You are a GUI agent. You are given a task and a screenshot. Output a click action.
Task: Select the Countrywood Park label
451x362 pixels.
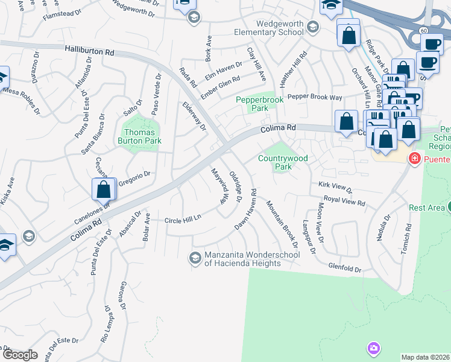pyautogui.click(x=283, y=162)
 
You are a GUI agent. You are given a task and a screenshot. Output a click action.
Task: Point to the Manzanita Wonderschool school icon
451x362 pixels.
pyautogui.click(x=195, y=258)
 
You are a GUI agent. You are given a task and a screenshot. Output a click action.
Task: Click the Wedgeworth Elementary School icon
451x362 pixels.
pyautogui.click(x=313, y=27)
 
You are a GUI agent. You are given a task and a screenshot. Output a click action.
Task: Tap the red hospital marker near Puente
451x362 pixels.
pyautogui.click(x=414, y=159)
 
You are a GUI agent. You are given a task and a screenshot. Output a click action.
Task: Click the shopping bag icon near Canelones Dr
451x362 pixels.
pyautogui.click(x=104, y=189)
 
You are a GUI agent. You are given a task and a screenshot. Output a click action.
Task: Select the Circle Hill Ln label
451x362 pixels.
pyautogui.click(x=182, y=220)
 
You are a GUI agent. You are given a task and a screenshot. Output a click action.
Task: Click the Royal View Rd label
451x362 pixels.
pyautogui.click(x=344, y=201)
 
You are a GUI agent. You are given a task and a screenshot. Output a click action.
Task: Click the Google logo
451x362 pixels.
pyautogui.click(x=20, y=355)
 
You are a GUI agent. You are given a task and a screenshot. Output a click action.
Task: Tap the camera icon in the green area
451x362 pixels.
pyautogui.click(x=374, y=348)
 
